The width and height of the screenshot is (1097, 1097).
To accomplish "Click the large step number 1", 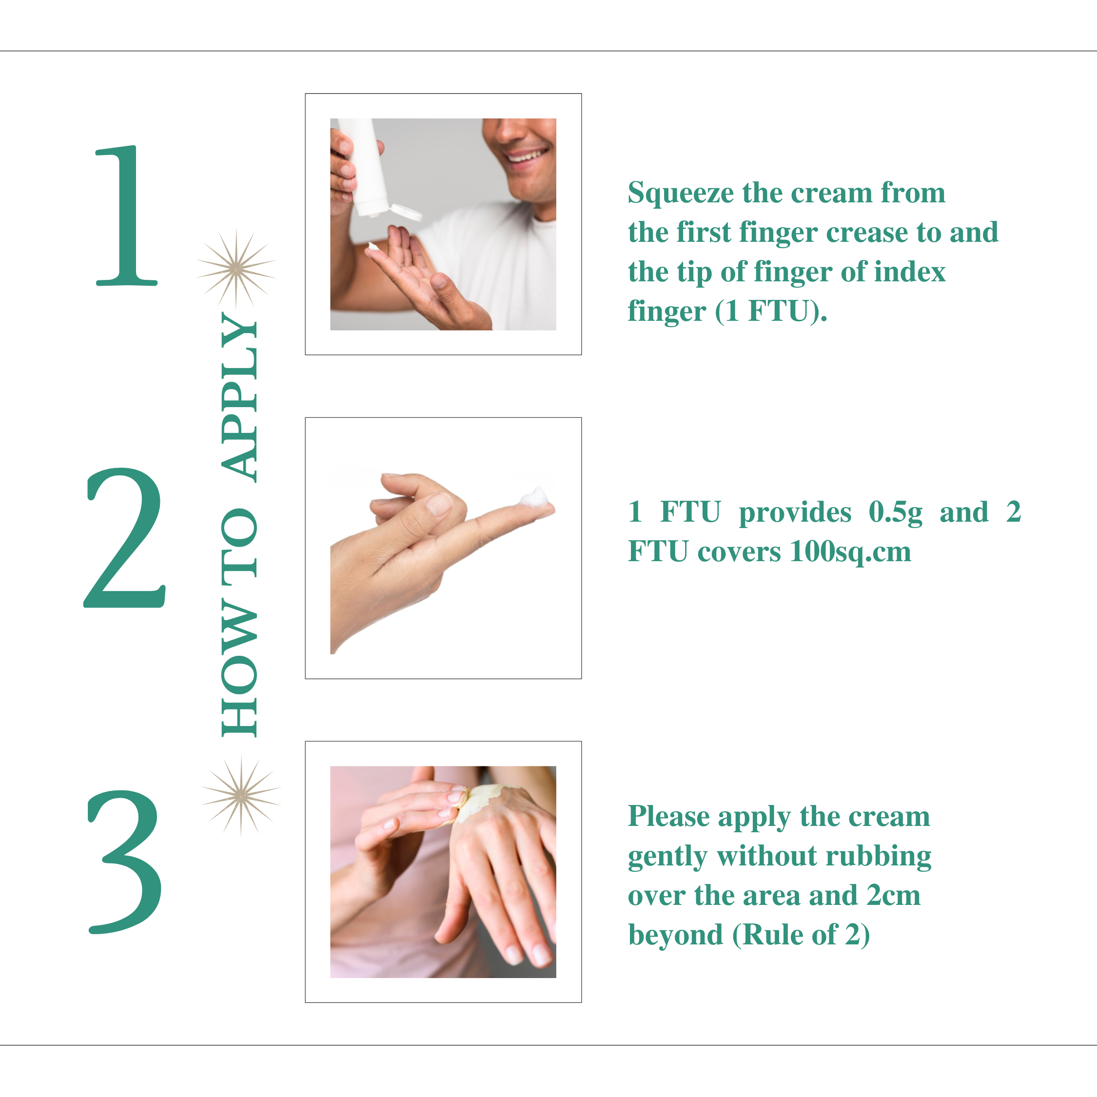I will (126, 216).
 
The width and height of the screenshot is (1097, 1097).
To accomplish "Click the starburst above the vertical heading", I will (236, 268).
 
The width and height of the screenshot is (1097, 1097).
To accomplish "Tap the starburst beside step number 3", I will (241, 796).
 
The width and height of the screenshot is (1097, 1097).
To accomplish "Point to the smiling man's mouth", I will (528, 155).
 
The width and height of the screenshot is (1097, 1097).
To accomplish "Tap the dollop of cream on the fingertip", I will (534, 499).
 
